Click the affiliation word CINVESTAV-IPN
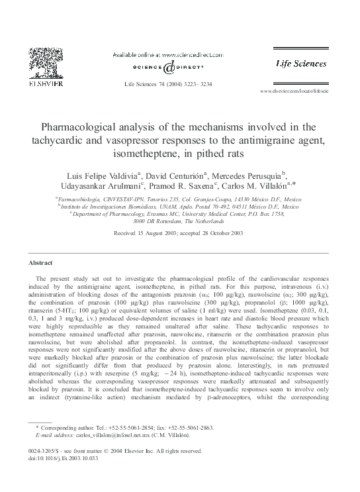tap(120, 199)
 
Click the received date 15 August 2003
tap(142, 234)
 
